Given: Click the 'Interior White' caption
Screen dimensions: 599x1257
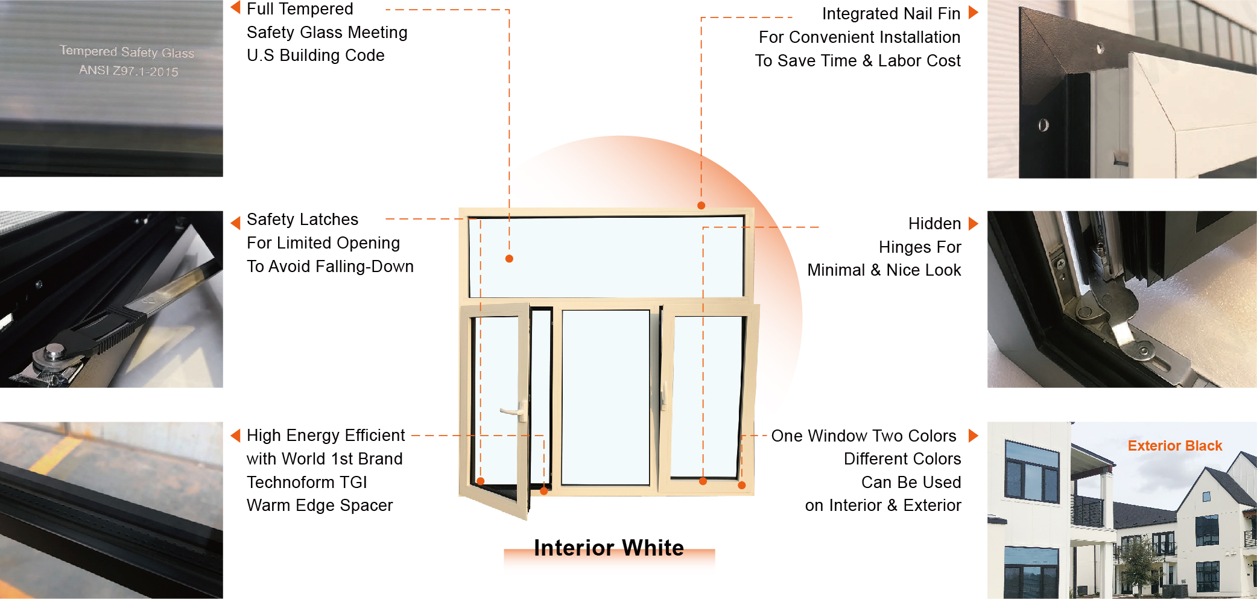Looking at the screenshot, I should point(609,548).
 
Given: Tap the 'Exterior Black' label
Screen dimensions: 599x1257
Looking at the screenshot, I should point(1174,446).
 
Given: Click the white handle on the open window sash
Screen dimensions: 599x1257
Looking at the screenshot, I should point(512,411).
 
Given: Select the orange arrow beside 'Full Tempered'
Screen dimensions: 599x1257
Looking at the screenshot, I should point(236,7).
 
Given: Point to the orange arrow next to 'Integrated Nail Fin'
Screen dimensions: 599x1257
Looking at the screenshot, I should point(973,12).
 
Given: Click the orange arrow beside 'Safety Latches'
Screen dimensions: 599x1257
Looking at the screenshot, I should point(236,223).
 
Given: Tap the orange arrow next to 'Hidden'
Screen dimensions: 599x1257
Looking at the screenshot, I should point(973,224).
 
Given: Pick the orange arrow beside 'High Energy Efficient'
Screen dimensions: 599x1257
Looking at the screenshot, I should point(236,436).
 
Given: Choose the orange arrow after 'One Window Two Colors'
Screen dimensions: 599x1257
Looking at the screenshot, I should point(973,436).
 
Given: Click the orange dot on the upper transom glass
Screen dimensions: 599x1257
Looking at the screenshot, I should point(509,259).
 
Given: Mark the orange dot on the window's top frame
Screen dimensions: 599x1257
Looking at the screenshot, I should point(701,206).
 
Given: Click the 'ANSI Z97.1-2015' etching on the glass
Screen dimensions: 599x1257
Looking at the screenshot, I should point(128,71).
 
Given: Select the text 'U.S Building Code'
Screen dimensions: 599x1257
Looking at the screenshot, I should point(315,55).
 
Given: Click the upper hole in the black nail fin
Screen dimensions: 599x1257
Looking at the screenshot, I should point(1100,48).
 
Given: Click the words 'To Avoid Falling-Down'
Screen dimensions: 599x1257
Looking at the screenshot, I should point(330,266).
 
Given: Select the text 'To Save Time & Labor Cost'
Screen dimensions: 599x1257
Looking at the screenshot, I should point(858,61).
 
